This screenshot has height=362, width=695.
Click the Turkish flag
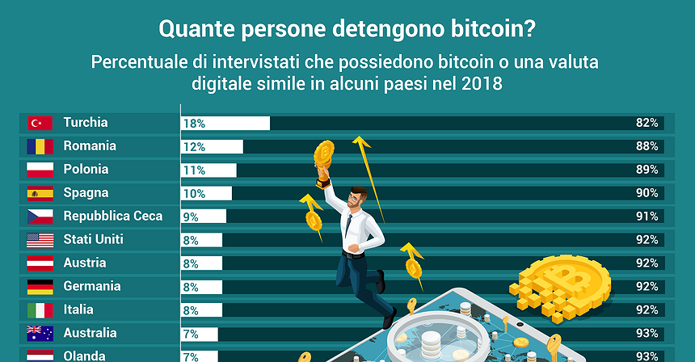click(x=40, y=123)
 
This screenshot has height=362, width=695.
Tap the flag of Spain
click(x=40, y=193)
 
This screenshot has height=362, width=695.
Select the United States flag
click(x=40, y=240)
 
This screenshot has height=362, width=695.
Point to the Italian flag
click(x=40, y=310)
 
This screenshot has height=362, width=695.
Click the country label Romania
click(x=90, y=146)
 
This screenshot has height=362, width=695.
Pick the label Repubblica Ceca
click(x=112, y=217)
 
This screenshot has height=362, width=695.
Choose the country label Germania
click(x=91, y=287)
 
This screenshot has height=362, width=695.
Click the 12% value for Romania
click(x=194, y=147)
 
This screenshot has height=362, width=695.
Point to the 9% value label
click(x=191, y=217)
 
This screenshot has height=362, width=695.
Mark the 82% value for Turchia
click(x=647, y=123)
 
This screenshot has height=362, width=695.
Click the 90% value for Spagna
click(x=647, y=193)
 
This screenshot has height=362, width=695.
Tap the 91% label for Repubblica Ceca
click(x=647, y=217)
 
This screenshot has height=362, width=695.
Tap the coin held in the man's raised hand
click(x=325, y=151)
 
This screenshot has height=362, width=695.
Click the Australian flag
click(x=40, y=333)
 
